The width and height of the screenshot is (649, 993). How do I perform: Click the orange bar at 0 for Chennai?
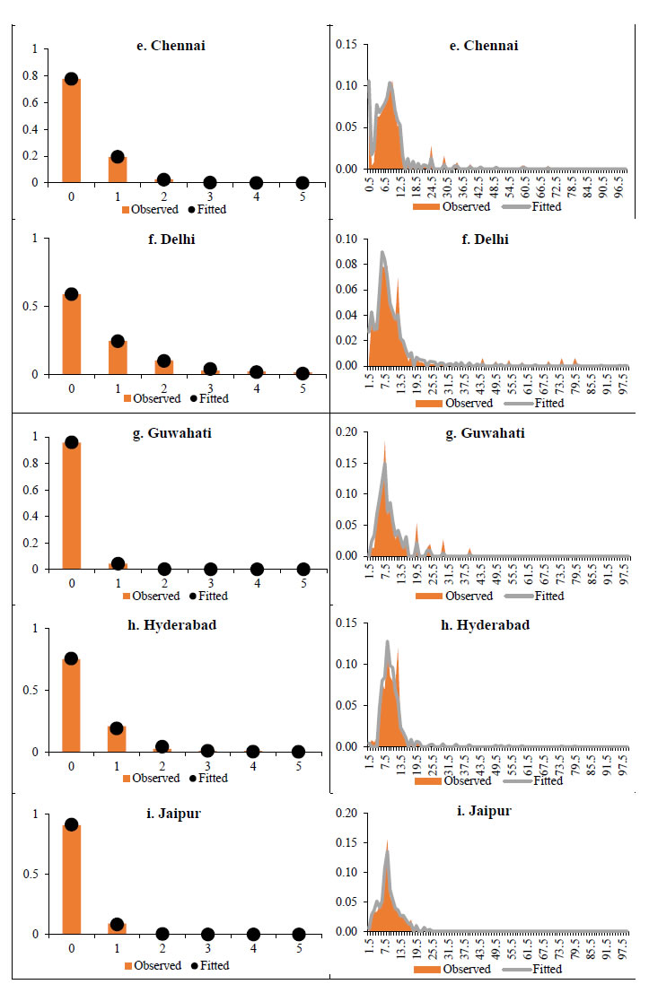pos(71,131)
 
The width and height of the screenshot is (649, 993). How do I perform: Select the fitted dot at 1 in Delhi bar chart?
pos(118,341)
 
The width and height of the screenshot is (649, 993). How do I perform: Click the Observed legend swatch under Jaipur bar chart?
pos(128,966)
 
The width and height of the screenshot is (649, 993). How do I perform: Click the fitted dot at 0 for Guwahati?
pos(71,442)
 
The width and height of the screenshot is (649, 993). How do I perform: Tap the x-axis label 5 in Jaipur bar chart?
pos(303,949)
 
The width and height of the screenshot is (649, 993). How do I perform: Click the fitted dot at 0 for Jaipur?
pos(71,824)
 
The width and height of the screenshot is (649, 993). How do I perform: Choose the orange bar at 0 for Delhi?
pos(71,334)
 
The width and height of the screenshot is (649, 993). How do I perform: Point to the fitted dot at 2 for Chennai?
pos(163,179)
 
